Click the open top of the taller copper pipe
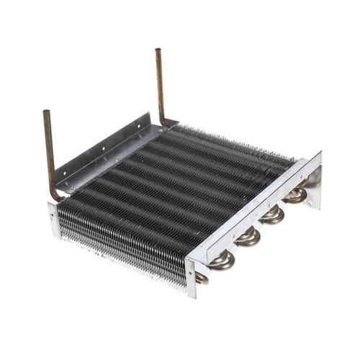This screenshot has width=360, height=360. point(158,51)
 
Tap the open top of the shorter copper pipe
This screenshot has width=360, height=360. point(47,113)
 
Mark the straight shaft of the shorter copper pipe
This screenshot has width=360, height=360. point(49,151)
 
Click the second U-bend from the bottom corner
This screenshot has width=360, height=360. point(222,259)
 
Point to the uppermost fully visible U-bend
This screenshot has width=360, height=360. point(295,194)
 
